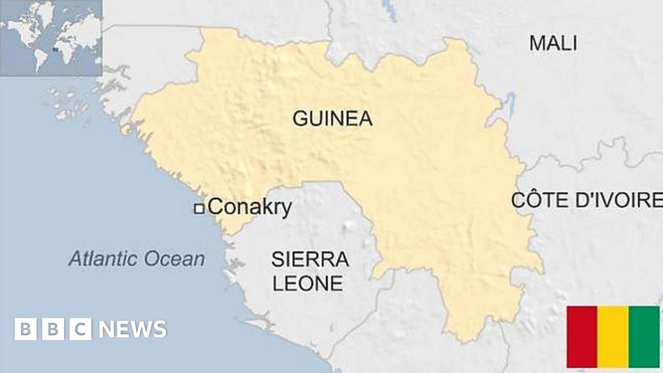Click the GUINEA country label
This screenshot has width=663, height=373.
[x=332, y=118]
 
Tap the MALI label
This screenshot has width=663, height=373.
[x=553, y=43]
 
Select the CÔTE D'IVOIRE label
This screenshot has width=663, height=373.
[x=586, y=200]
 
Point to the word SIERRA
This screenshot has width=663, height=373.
[x=309, y=259]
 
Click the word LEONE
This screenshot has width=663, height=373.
[x=308, y=283]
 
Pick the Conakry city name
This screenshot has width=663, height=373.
[x=250, y=208]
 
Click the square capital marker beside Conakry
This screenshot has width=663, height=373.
[x=199, y=208]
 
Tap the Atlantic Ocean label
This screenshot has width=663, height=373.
[x=136, y=259]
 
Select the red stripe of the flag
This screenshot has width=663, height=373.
[x=582, y=337]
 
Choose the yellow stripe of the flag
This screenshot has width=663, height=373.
[x=613, y=337]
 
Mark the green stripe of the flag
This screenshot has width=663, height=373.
[x=644, y=337]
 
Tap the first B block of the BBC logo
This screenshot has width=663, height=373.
[x=25, y=329]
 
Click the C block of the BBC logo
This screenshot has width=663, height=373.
[x=81, y=329]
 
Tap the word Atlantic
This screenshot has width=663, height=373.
[x=104, y=259]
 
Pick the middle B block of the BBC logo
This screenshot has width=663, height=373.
[x=53, y=329]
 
